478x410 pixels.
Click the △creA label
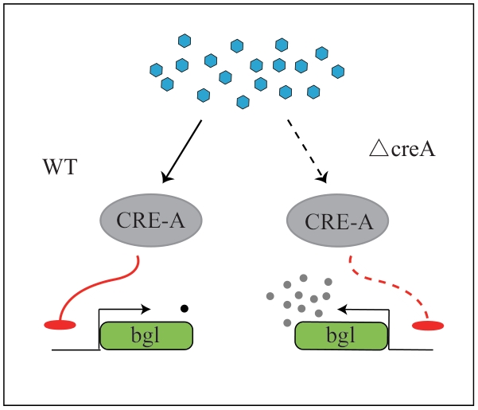(402, 149)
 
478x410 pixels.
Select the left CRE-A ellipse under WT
(150, 216)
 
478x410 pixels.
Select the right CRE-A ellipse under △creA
(338, 216)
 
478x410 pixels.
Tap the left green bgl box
(147, 335)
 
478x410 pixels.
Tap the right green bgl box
(342, 335)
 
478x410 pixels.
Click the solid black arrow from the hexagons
(182, 150)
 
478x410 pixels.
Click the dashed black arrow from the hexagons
(307, 151)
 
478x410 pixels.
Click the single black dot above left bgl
(185, 307)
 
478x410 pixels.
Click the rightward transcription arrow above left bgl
(127, 307)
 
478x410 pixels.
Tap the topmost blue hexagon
(185, 39)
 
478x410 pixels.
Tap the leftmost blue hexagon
(156, 70)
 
